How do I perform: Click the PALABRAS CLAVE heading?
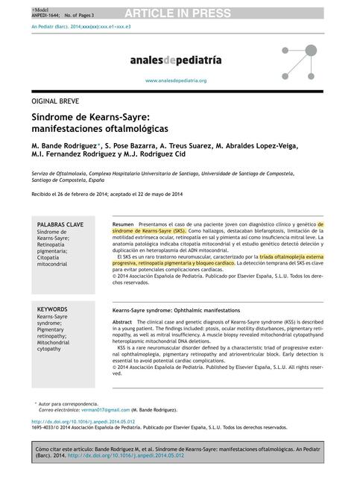[x=60, y=224]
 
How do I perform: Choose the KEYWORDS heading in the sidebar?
[x=53, y=309]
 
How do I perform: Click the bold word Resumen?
[x=123, y=224]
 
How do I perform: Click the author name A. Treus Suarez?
[x=184, y=145]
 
